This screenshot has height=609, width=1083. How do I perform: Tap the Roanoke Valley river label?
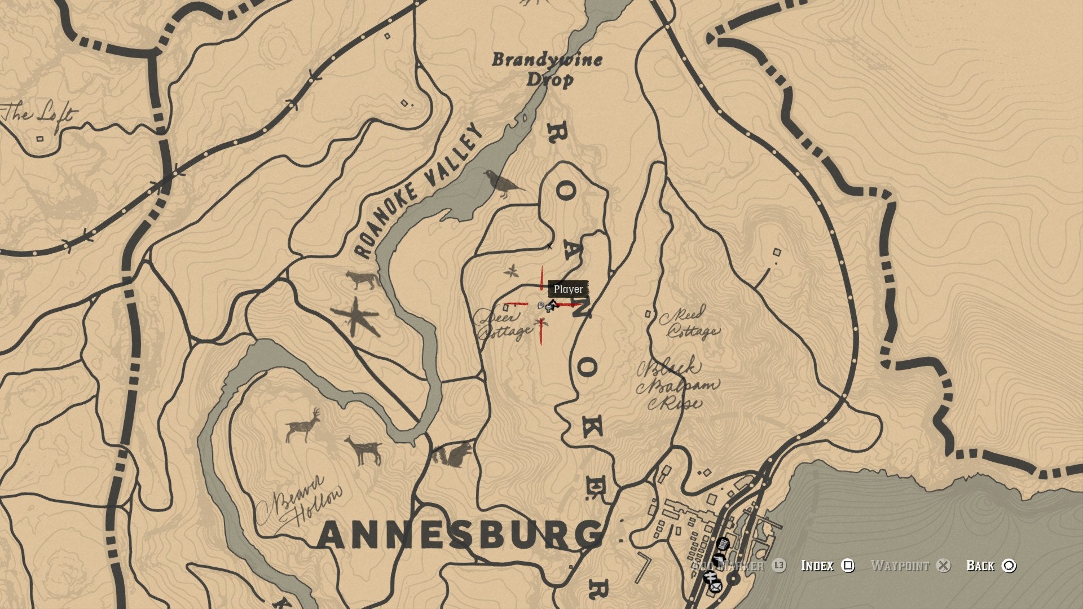point(420,192)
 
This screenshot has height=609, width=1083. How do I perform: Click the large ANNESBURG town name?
point(460,535)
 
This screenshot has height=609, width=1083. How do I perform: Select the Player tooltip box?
point(568,289)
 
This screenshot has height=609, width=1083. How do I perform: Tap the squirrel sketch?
point(452,453)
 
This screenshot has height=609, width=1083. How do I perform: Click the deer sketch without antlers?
point(364,450)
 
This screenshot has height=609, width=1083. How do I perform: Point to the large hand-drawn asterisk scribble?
point(355,317)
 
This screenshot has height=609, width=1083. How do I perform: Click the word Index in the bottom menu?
point(817,566)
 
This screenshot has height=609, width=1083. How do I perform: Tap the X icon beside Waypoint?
point(943,566)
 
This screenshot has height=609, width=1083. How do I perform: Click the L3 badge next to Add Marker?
point(779,566)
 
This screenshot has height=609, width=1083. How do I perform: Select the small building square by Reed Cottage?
point(648,314)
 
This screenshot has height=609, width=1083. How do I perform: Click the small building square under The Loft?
point(40,138)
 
